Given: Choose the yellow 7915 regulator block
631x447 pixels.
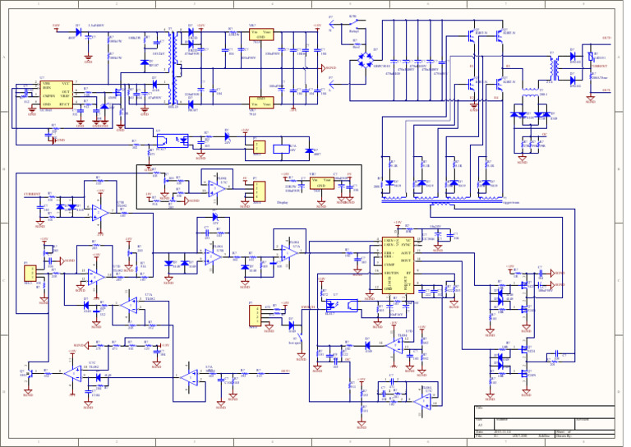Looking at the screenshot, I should pos(262,101).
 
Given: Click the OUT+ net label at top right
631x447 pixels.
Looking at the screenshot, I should pos(606,39).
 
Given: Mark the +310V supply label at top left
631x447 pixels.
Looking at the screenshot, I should pos(56,25).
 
